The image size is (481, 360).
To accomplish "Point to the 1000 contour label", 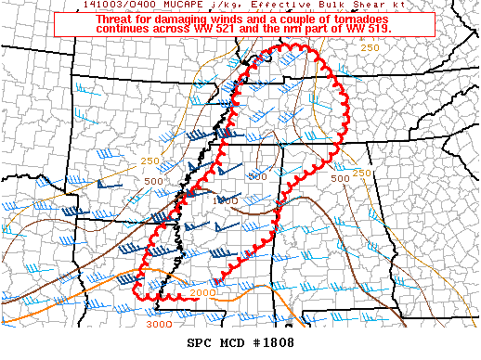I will coord(226,200).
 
